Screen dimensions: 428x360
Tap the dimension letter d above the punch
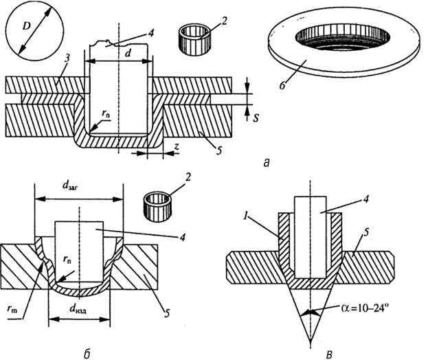(x=126, y=54)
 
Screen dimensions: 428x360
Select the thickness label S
(x=256, y=118)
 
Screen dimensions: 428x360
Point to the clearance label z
(x=177, y=147)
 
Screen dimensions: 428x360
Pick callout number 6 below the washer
(x=282, y=85)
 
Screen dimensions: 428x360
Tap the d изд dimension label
(x=80, y=310)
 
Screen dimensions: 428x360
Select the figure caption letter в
(x=330, y=354)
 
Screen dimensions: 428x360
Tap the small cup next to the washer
(x=194, y=40)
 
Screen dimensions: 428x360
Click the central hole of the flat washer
(x=343, y=38)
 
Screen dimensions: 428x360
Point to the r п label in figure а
(x=107, y=118)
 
